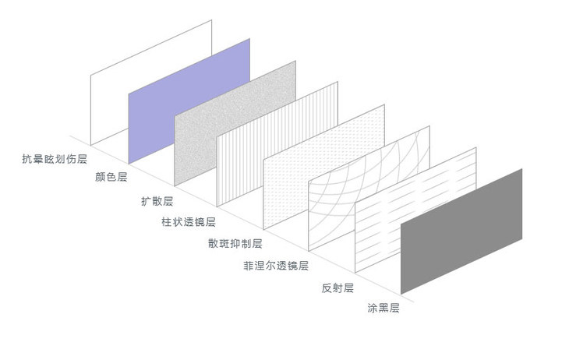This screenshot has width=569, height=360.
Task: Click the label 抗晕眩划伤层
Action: pos(55,159)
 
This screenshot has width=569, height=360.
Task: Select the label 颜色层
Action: pos(111,177)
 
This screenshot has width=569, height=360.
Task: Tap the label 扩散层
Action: pos(157,201)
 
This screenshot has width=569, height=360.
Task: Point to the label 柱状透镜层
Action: pos(189,222)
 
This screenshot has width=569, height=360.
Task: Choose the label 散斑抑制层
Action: pos(235,243)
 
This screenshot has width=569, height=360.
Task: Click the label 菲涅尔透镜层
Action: pos(276,266)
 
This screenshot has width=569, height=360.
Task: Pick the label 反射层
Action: pos(338,288)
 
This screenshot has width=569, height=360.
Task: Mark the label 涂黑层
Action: pos(383,308)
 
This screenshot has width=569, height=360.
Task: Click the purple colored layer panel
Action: pos(189,101)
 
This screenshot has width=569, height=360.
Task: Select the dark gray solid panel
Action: pos(461,231)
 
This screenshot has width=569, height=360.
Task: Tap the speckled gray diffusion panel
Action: pos(235,123)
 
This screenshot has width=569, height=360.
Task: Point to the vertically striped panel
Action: pos(277,144)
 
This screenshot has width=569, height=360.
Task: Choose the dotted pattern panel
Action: pos(324,168)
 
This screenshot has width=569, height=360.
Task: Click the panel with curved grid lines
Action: pos(369,189)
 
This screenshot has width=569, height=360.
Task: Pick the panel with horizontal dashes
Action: pos(415,210)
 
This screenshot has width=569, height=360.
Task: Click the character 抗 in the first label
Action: pos(27,159)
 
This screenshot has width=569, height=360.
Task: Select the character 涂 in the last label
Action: pos(373,308)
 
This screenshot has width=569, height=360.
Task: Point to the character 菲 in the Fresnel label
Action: pos(249,266)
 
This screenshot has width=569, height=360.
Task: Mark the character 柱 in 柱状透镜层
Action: pos(167,222)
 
